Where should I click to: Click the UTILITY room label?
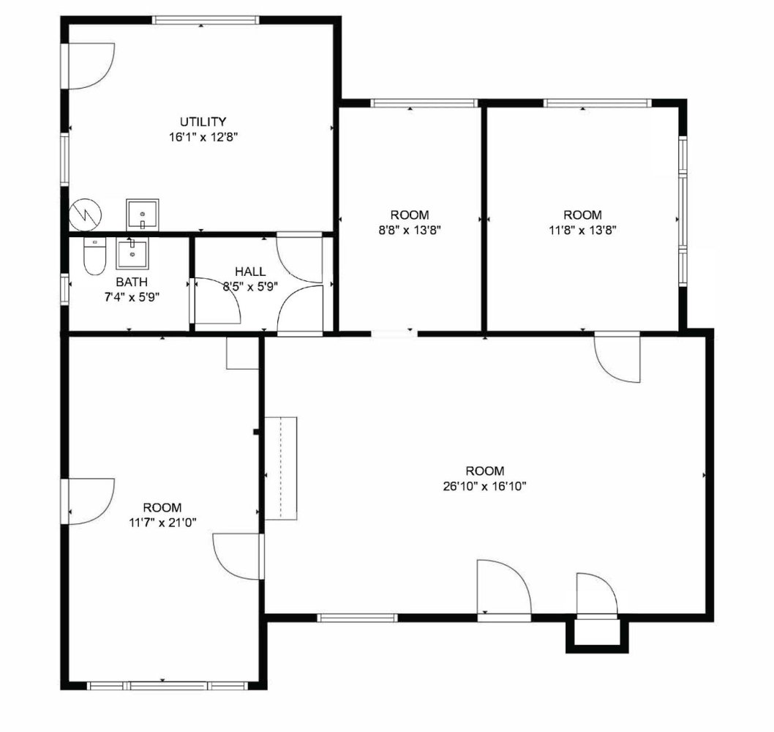(x=203, y=122)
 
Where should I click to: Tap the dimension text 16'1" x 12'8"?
(x=203, y=138)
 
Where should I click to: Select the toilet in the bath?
(x=94, y=256)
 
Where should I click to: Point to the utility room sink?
(x=143, y=214)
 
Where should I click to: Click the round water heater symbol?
(x=86, y=214)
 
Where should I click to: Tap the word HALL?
(x=250, y=271)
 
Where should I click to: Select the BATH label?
(x=132, y=282)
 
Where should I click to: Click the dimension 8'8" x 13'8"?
(x=410, y=230)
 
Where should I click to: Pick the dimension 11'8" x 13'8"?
(x=583, y=230)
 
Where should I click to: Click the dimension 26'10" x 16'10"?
(x=485, y=487)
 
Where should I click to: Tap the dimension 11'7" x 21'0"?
(x=163, y=523)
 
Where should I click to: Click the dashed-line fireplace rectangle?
(x=281, y=468)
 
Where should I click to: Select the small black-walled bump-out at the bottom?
(x=597, y=635)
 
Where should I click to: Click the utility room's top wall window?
(x=206, y=20)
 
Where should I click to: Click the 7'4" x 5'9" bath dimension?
(x=132, y=297)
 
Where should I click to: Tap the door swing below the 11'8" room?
(x=617, y=359)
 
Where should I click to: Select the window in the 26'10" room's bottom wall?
(x=357, y=617)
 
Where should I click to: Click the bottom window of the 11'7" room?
(x=166, y=686)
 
